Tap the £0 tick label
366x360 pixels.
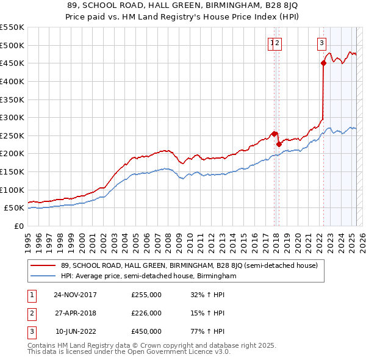point(19,226)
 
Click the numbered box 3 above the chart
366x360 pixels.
point(321,43)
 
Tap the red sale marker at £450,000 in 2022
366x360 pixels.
point(323,63)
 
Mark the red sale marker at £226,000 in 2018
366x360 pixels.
point(279,144)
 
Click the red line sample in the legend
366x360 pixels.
point(43,265)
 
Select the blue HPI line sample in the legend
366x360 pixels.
point(43,276)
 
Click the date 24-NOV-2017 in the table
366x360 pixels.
point(75,295)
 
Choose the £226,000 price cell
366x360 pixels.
point(146,313)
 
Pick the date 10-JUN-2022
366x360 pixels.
point(76,331)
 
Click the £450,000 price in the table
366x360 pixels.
point(146,331)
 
